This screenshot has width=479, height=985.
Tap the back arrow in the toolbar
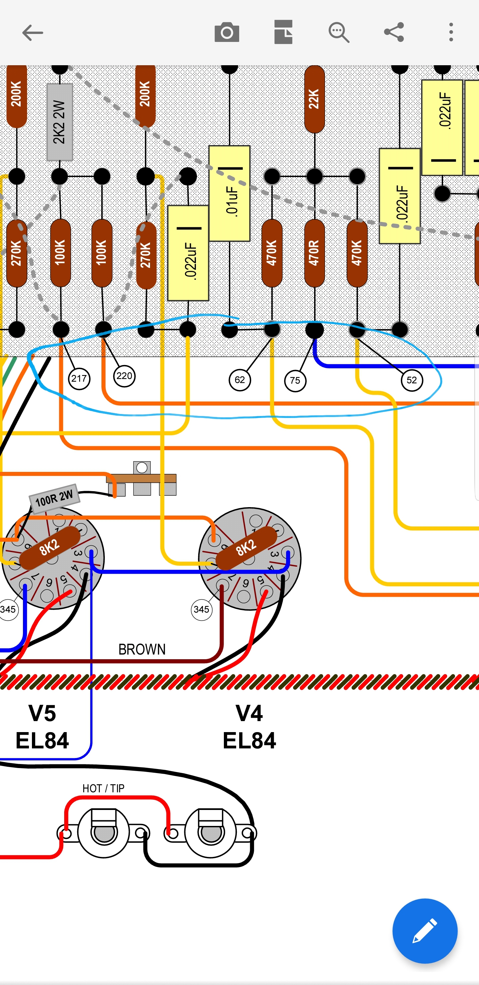click(33, 33)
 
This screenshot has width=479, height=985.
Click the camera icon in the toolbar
click(227, 33)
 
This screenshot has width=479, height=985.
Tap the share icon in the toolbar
click(394, 32)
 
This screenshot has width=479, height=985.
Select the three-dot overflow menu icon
click(451, 32)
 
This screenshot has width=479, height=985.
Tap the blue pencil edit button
click(425, 931)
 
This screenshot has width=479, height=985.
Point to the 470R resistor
click(314, 253)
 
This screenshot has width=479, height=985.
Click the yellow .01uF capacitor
click(230, 193)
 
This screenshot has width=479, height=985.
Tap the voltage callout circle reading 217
click(79, 379)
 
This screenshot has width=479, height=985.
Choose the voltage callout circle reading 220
click(124, 376)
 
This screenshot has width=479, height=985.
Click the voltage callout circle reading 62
click(240, 380)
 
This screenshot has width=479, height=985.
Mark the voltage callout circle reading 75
click(295, 381)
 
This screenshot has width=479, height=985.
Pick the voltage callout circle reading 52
click(412, 380)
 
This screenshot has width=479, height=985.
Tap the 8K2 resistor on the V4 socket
click(246, 547)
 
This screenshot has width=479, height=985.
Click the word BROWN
click(142, 650)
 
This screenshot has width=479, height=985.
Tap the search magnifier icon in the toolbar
click(339, 33)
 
